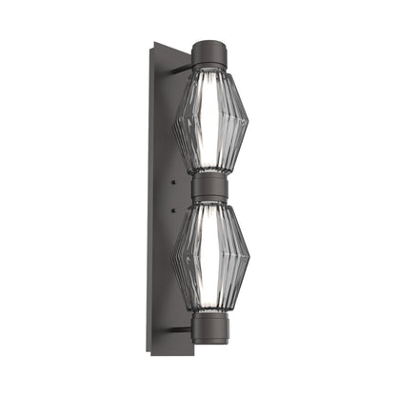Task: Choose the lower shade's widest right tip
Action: pyautogui.click(x=249, y=255)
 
